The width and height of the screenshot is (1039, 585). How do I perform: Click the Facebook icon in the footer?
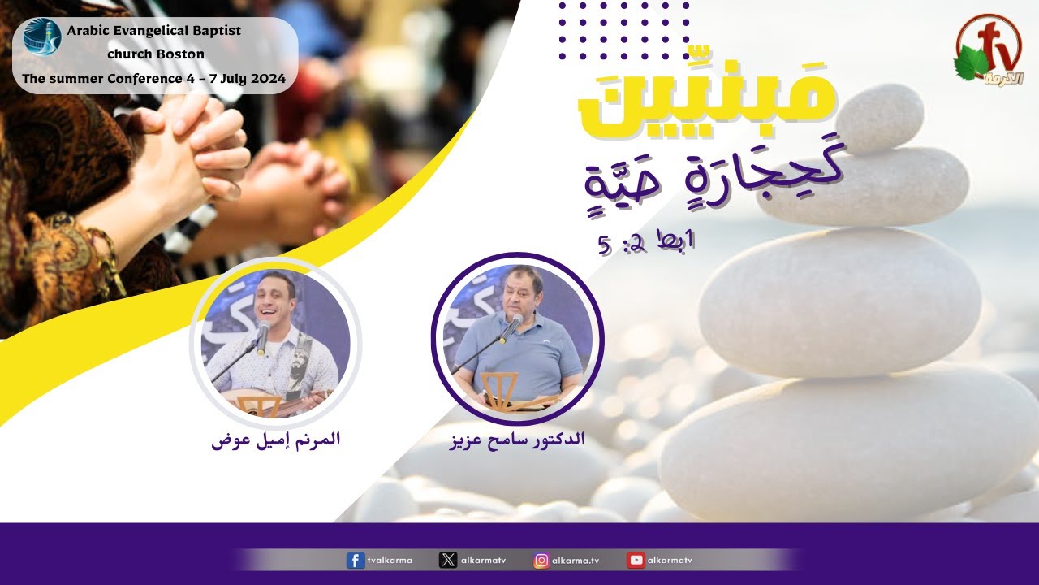pos(356,561)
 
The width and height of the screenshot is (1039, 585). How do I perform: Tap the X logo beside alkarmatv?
pos(447,561)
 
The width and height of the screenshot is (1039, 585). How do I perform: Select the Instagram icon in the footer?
pos(541,561)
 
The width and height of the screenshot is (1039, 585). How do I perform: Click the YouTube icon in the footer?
pos(636,561)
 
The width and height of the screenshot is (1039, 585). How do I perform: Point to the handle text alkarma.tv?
pos(576,561)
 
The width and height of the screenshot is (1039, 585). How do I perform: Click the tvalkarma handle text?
pos(390,561)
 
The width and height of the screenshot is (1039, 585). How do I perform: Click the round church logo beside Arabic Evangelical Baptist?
pos(42,37)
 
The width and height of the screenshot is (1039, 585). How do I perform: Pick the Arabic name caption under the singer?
pos(275,440)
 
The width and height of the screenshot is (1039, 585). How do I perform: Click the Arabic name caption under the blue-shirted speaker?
pos(518,440)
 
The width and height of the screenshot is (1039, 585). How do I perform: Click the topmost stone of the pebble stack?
pos(878,119)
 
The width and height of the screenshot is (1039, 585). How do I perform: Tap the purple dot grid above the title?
pos(624,31)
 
